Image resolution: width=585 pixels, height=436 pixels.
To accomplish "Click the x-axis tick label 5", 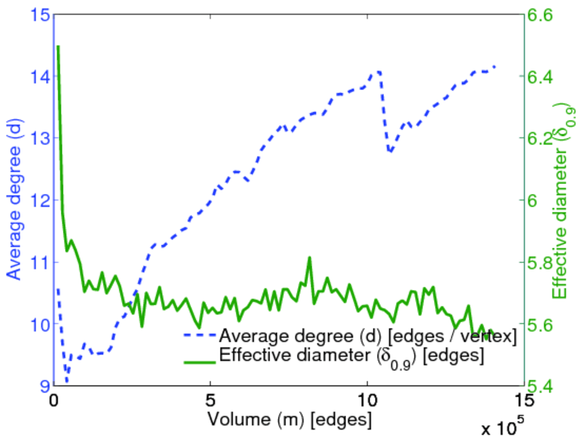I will [x=210, y=400].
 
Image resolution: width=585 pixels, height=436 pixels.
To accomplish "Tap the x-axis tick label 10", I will [x=367, y=400].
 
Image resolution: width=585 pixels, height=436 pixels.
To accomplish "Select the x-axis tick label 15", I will [x=523, y=400].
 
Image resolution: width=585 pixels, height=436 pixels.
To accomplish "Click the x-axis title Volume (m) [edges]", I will [x=290, y=419].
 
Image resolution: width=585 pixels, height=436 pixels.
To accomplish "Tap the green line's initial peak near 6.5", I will [x=58, y=47].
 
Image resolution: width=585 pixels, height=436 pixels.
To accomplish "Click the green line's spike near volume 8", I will [x=310, y=257].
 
